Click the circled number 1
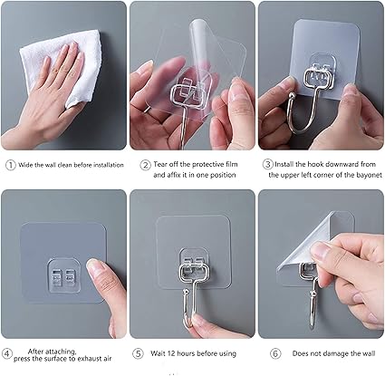[11, 165]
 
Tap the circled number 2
[145, 165]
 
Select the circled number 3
[267, 164]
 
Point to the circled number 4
[7, 353]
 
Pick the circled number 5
[138, 353]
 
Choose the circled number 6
[275, 353]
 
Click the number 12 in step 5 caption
[171, 353]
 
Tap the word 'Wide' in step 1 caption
[25, 165]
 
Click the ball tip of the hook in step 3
[292, 96]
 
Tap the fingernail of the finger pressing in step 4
[93, 266]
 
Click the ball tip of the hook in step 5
[187, 292]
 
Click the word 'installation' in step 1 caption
[109, 165]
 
